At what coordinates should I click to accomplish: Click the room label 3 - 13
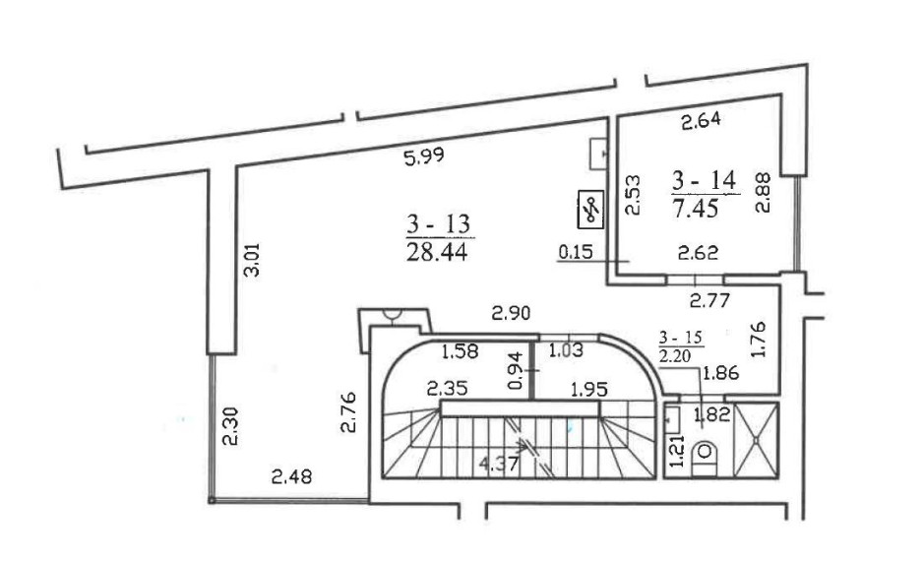(439, 224)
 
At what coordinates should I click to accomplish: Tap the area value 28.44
(437, 252)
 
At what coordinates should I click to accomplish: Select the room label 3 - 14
(705, 180)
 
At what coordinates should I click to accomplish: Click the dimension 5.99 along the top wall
(424, 156)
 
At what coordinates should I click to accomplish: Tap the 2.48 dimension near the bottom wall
(291, 475)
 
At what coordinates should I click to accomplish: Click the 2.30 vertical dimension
(230, 425)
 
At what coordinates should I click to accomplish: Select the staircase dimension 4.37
(499, 464)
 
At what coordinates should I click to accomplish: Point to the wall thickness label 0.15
(575, 252)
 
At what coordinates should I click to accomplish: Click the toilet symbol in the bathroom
(705, 456)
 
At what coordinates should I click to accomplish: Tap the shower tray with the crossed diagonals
(756, 440)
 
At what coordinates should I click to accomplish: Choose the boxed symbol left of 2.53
(590, 210)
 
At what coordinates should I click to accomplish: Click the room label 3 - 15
(681, 338)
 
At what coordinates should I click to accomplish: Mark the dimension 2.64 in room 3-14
(701, 121)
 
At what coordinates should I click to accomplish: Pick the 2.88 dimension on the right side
(763, 192)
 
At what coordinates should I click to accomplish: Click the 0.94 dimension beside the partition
(515, 370)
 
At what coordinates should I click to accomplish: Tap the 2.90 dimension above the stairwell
(511, 312)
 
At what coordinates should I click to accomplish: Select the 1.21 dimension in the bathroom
(677, 451)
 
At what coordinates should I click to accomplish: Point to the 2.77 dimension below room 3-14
(709, 301)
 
